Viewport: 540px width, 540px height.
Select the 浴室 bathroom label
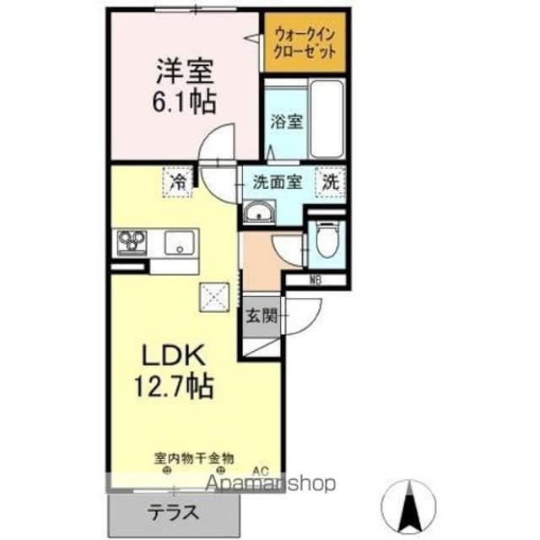pos(284,121)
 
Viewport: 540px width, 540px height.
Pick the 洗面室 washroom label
pos(278,181)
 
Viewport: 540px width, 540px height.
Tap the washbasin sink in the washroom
pos(260,213)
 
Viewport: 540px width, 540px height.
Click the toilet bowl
pos(327,238)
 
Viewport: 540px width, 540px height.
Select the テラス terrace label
pos(174,511)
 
